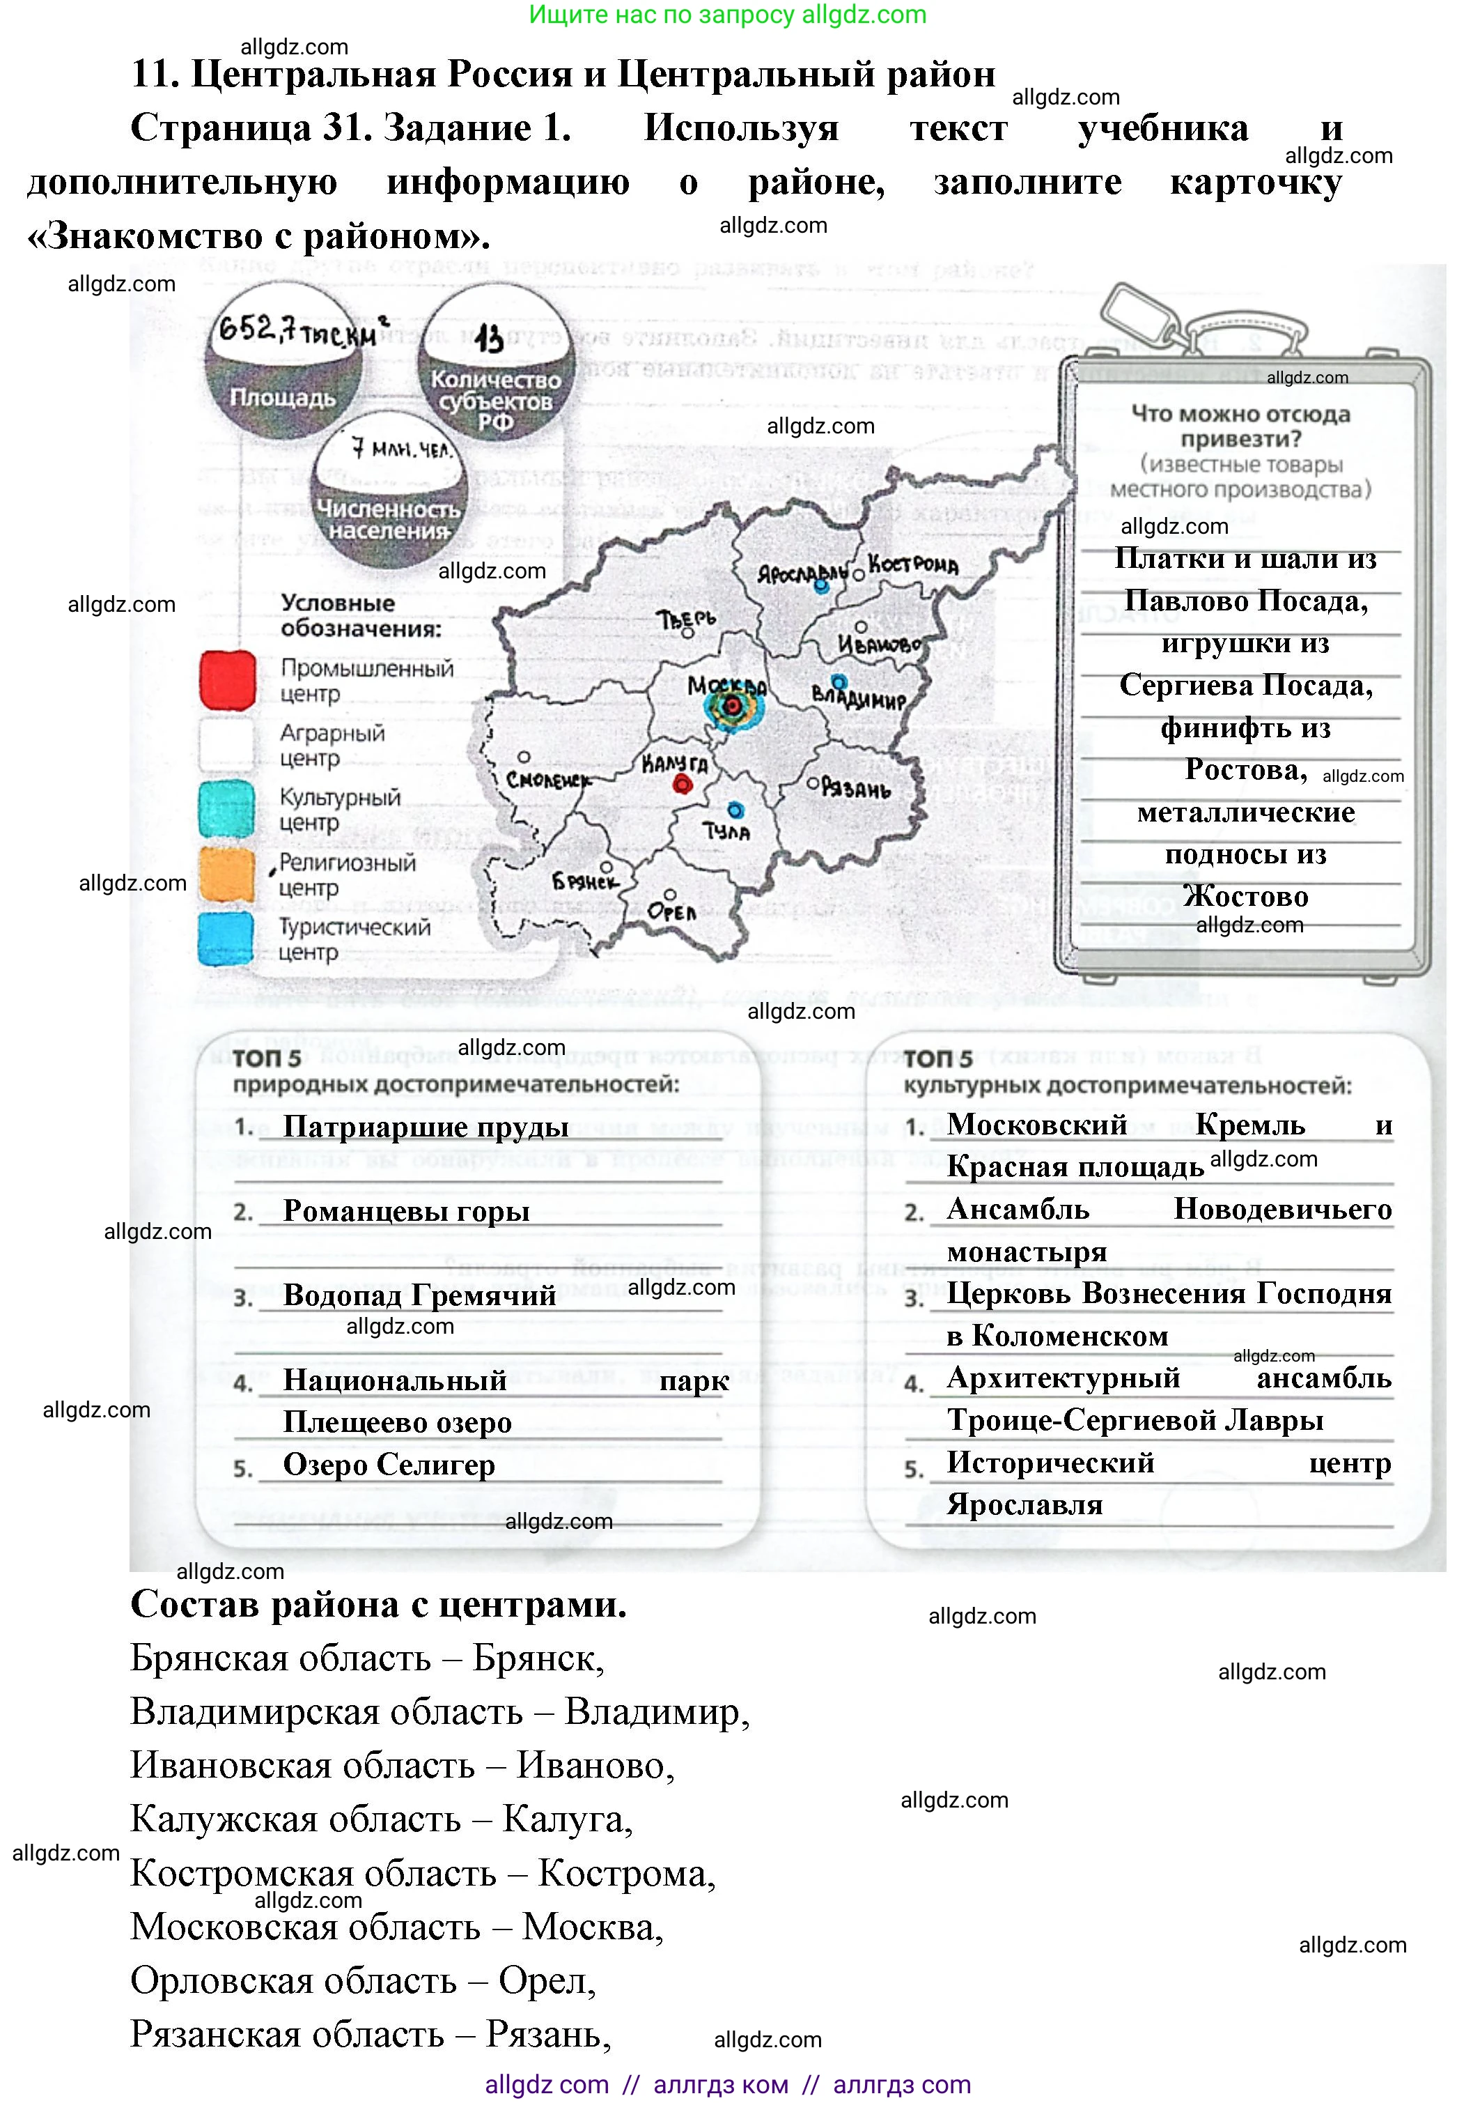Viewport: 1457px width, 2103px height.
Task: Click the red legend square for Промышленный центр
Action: click(227, 680)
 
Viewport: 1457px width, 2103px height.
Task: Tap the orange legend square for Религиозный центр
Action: click(226, 875)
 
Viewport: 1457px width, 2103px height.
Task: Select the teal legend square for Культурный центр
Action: click(226, 809)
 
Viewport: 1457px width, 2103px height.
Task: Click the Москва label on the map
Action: click(726, 685)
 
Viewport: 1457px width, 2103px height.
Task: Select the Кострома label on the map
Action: click(913, 565)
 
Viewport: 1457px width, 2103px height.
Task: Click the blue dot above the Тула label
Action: click(735, 810)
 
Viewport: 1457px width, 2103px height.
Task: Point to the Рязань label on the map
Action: click(855, 788)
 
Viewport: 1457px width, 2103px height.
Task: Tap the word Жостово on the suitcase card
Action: click(1245, 897)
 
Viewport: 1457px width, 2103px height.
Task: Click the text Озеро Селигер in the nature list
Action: click(389, 1465)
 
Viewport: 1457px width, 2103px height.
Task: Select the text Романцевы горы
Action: click(406, 1211)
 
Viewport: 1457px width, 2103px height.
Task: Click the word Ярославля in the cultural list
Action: click(1024, 1504)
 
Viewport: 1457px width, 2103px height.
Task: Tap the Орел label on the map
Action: click(671, 911)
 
